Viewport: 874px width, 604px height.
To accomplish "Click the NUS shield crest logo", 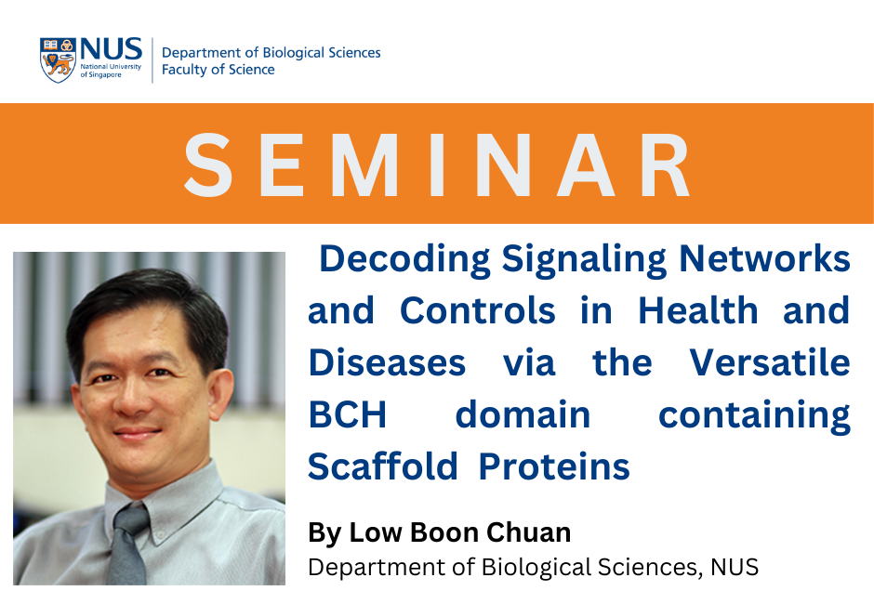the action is point(58,60).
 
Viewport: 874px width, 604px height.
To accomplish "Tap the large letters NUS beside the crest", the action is point(111,49).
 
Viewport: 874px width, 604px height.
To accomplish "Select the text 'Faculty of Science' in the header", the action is point(218,70).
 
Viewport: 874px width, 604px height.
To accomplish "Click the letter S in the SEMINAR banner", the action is point(208,165).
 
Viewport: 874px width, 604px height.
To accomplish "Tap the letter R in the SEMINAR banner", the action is point(666,165).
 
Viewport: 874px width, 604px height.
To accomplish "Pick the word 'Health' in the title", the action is point(698,309).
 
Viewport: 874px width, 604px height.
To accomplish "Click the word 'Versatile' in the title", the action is point(770,362).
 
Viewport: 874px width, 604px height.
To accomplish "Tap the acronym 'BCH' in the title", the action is point(347,414).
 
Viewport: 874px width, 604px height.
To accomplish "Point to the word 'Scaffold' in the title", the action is point(383,466).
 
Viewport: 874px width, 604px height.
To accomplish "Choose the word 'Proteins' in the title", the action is point(554,466).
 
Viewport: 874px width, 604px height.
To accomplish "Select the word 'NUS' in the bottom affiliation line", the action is point(735,567).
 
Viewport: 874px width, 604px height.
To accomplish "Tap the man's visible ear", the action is point(220,393).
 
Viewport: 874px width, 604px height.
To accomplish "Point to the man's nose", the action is point(131,400).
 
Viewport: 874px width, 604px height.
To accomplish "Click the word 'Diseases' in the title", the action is point(387,362).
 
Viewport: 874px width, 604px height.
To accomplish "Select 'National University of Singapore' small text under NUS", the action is point(111,71).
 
